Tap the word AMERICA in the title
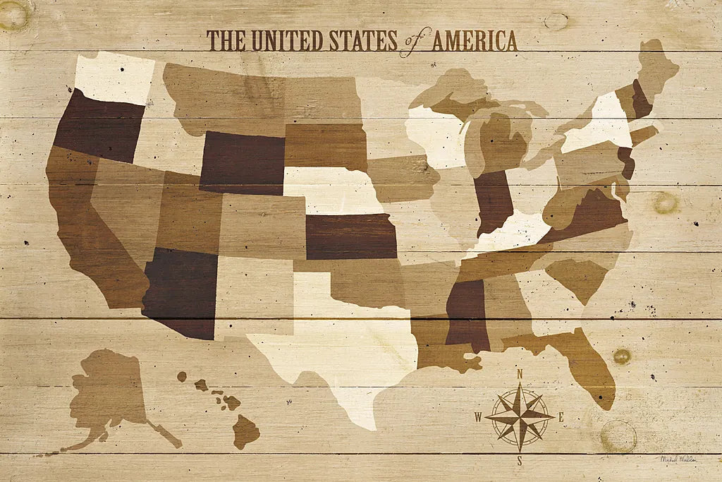[475, 41]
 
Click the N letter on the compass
[520, 374]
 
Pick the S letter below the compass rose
[520, 462]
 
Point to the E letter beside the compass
[561, 417]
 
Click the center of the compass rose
[520, 417]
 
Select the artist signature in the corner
[678, 459]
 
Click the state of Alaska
[106, 395]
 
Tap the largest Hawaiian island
[245, 430]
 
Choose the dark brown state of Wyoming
[242, 162]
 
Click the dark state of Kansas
[350, 236]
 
